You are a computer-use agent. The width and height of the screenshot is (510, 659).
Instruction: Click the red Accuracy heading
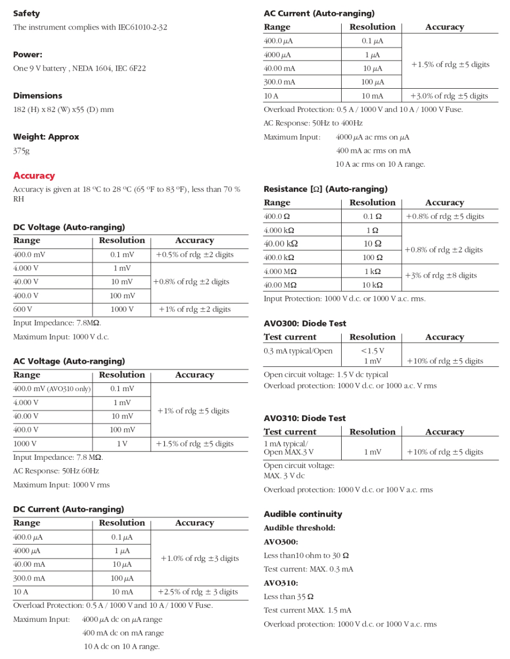tap(34, 175)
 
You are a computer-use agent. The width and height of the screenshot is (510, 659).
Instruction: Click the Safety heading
tap(26, 13)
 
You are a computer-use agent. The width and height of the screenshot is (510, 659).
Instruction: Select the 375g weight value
tap(22, 151)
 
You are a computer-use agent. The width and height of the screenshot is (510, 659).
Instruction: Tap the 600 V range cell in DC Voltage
tap(23, 309)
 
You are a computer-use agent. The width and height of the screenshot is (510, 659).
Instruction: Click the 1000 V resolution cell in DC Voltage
tap(122, 309)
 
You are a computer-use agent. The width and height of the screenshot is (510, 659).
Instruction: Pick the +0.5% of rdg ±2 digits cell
tap(195, 254)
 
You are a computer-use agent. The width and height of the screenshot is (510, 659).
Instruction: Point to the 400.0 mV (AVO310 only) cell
tap(52, 389)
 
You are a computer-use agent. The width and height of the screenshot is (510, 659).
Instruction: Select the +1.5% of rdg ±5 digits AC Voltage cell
tap(195, 444)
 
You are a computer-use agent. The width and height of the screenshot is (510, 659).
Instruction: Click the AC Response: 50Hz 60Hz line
tap(56, 471)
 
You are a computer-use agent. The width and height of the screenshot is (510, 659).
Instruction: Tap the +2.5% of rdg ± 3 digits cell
tap(198, 592)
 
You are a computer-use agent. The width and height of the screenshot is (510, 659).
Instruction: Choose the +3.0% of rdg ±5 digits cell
tap(449, 96)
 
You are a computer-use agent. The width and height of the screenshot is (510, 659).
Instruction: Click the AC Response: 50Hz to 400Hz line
tap(313, 123)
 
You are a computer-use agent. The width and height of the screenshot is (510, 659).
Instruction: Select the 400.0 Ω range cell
tap(277, 217)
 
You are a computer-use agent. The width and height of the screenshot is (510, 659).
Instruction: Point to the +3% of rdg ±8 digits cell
tap(441, 276)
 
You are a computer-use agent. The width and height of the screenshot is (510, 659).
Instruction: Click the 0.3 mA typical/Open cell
tap(298, 351)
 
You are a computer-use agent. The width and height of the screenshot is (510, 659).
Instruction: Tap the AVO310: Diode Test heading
tap(305, 418)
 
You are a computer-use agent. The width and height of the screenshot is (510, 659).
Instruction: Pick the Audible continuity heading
tap(303, 514)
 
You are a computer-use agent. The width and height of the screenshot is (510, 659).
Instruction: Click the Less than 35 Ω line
tap(289, 597)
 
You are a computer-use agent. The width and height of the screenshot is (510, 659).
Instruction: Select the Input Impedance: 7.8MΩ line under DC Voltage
tap(57, 323)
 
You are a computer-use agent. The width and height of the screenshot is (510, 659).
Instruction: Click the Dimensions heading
tap(38, 95)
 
